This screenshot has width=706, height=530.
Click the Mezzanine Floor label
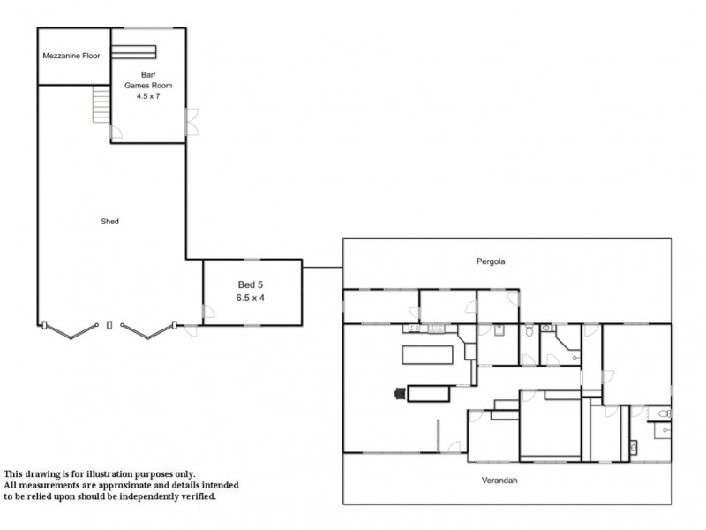click(x=71, y=56)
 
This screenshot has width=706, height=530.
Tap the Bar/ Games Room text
click(x=148, y=79)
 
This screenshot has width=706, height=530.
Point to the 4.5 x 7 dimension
click(x=148, y=96)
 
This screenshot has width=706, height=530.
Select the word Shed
click(x=109, y=222)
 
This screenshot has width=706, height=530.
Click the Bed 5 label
click(x=251, y=284)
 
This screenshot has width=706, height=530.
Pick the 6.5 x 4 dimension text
click(x=251, y=298)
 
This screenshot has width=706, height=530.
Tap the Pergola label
click(x=491, y=261)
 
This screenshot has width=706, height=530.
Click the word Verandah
click(x=499, y=481)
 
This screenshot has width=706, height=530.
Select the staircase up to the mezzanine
click(x=101, y=104)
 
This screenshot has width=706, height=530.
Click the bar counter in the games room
click(x=134, y=52)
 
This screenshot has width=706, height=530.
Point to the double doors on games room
click(x=192, y=122)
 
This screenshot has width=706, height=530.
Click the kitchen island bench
click(x=427, y=355)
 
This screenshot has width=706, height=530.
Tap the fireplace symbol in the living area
click(x=400, y=394)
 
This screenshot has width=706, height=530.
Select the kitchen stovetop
click(x=413, y=328)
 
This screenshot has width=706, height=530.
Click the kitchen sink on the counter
click(x=436, y=328)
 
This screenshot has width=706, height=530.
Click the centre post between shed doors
click(x=109, y=325)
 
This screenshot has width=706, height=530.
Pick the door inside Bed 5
click(x=208, y=311)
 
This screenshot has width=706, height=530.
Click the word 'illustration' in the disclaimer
click(x=109, y=474)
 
